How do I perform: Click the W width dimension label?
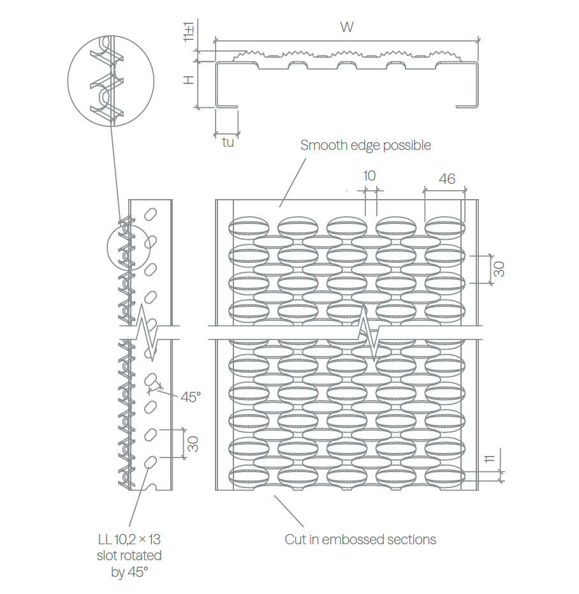pyautogui.click(x=346, y=27)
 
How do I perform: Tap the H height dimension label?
pyautogui.click(x=188, y=80)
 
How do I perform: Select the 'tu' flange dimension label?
pyautogui.click(x=228, y=142)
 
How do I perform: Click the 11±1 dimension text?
pyautogui.click(x=189, y=31)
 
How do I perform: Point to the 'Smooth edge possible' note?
pyautogui.click(x=365, y=145)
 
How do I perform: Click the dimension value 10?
pyautogui.click(x=369, y=176)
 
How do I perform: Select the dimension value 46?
pyautogui.click(x=447, y=179)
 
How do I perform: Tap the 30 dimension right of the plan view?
pyautogui.click(x=499, y=269)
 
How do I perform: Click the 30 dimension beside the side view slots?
pyautogui.click(x=193, y=444)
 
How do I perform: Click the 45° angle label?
pyautogui.click(x=191, y=397)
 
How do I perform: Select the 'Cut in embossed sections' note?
pyautogui.click(x=360, y=540)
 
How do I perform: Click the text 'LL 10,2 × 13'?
pyautogui.click(x=129, y=539)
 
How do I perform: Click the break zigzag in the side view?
pyautogui.click(x=147, y=332)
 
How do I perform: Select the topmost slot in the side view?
pyautogui.click(x=150, y=214)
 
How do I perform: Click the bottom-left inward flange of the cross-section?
pyautogui.click(x=226, y=107)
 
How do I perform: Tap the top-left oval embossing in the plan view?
pyautogui.click(x=249, y=228)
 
